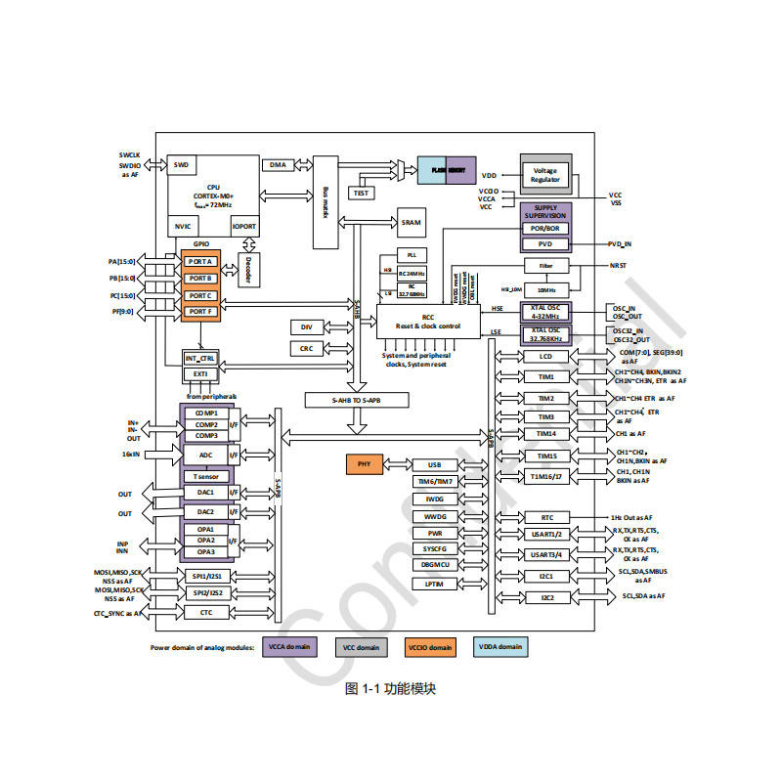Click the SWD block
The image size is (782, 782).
181,165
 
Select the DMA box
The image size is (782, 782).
279,165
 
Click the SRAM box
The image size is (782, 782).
412,223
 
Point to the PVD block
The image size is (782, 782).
545,243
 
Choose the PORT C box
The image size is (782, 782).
199,295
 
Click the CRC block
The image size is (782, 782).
306,348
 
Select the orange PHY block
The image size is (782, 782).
364,465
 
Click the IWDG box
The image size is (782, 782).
434,500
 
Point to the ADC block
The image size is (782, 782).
205,456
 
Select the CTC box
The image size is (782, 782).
205,613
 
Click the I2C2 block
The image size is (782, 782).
546,597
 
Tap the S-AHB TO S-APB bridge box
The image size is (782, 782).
356,401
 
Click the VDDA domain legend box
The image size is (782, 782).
499,647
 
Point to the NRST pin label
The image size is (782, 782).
618,265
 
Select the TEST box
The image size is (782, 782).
362,193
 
